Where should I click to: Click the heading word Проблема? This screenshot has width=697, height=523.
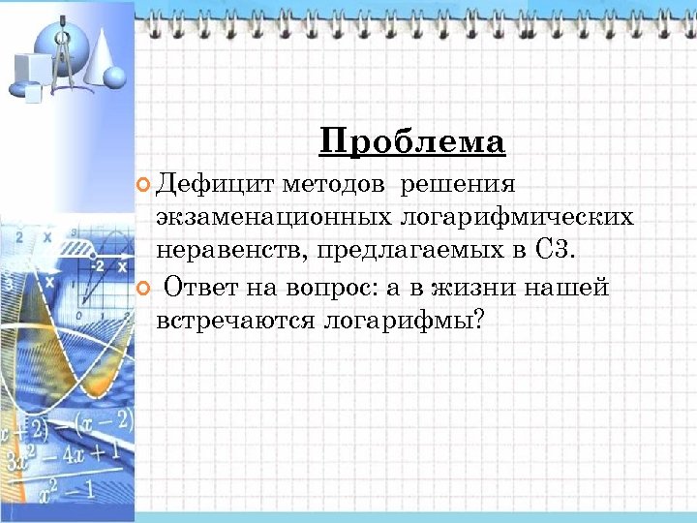[411, 142]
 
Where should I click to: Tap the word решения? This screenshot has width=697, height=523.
[458, 184]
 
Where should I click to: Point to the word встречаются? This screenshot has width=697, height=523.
[231, 320]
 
